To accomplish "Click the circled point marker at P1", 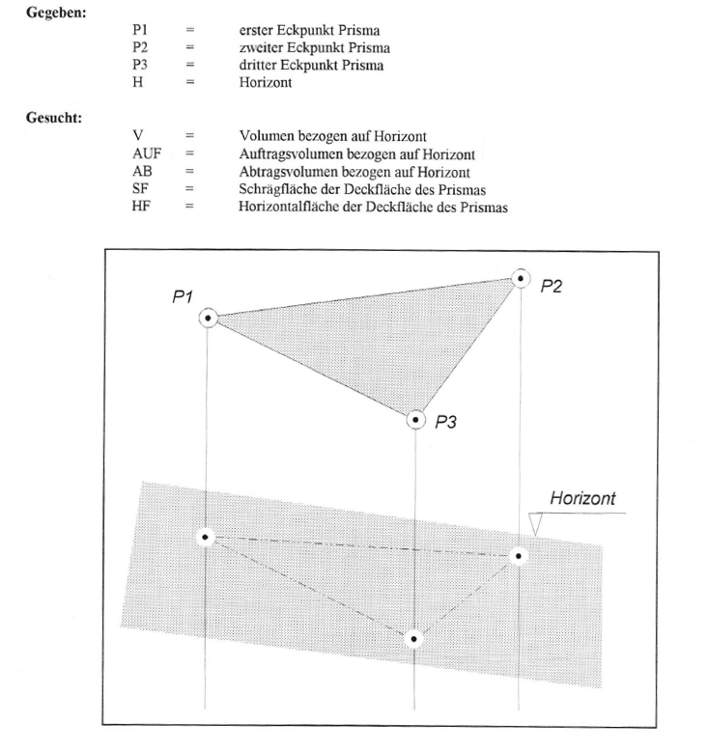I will tap(208, 318).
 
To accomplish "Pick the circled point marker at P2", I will tap(522, 278).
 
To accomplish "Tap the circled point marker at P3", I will tap(416, 419).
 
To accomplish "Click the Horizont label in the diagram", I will tap(582, 499).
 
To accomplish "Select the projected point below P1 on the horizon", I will tap(206, 537).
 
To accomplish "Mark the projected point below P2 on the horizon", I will tap(520, 555).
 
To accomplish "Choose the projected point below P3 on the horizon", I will tap(414, 638).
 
